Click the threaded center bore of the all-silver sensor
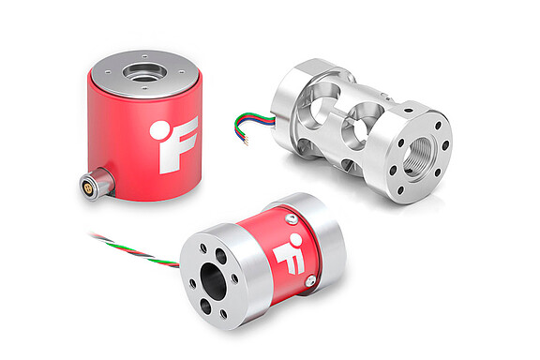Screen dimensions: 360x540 [x=418, y=148]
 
